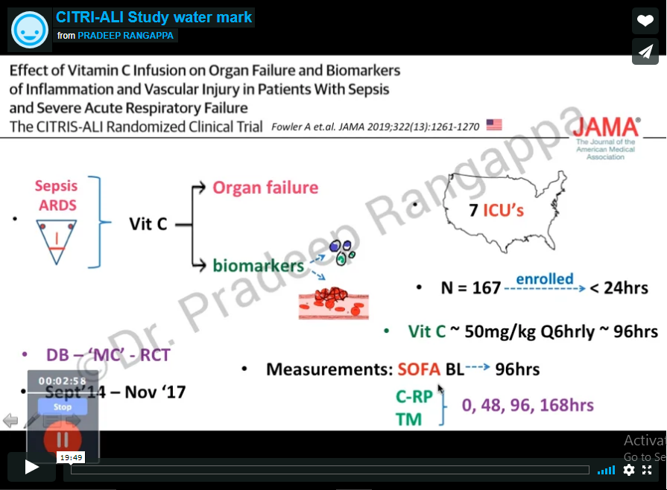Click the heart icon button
(645, 21)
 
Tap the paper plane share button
(645, 51)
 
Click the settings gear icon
(629, 470)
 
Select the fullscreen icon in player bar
(647, 470)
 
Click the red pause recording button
(63, 439)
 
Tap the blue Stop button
(63, 407)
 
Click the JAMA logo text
(607, 126)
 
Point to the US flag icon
(494, 125)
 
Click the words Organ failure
(265, 187)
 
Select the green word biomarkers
(258, 265)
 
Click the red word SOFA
(418, 369)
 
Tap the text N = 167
(470, 287)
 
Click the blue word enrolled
(545, 280)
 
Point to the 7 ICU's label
(496, 211)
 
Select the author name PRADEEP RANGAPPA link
(127, 35)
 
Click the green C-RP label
(414, 397)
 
